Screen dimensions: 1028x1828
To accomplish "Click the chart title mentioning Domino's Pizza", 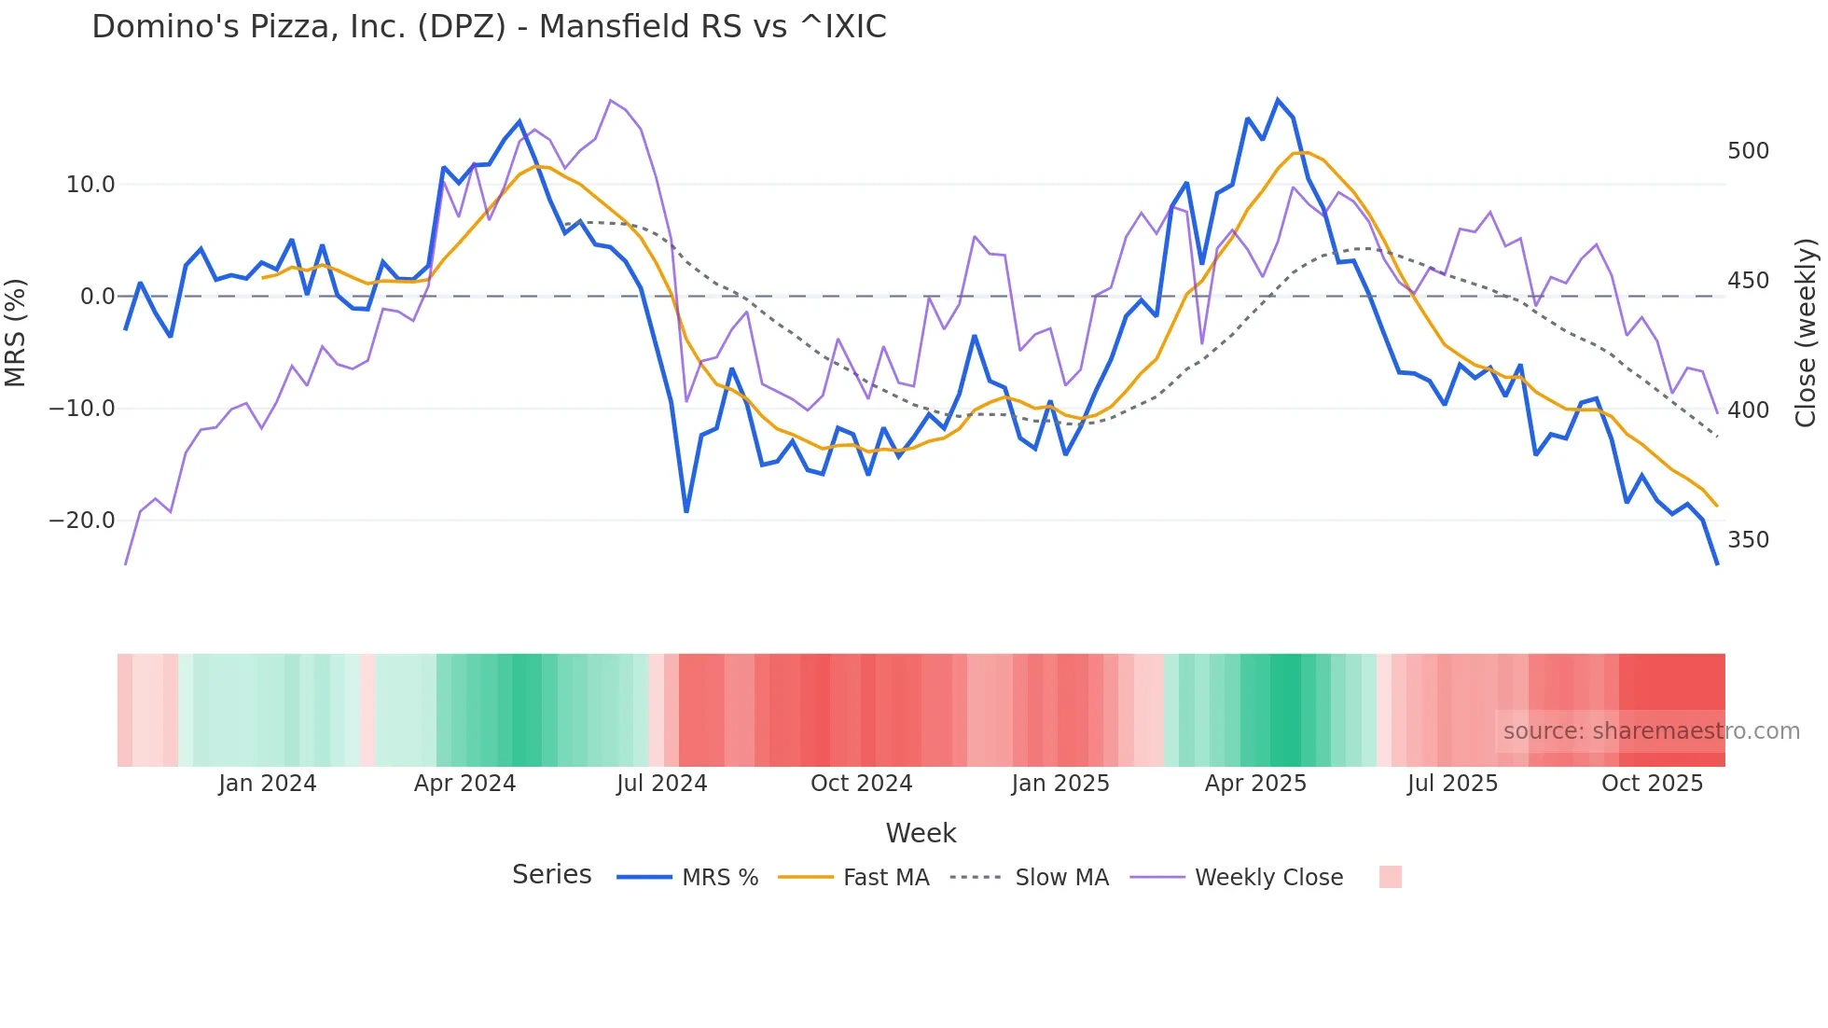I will [x=489, y=27].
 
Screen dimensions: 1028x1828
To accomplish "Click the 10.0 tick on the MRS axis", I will [x=90, y=185].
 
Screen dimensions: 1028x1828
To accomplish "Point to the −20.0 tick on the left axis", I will [x=82, y=521].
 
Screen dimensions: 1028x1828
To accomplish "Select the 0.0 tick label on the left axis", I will [x=97, y=297].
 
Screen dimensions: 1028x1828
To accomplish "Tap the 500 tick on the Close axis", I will [x=1748, y=151].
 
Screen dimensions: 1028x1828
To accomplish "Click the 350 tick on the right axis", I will [x=1748, y=540].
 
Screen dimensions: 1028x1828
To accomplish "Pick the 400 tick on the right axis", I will [x=1748, y=410].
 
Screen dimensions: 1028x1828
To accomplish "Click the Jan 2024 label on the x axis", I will [x=268, y=784].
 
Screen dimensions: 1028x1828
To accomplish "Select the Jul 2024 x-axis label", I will [x=661, y=784].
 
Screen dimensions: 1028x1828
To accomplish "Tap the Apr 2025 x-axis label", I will [x=1255, y=784].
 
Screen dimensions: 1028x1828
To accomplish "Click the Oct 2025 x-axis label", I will [x=1652, y=784].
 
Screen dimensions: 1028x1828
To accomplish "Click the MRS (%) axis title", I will [x=16, y=333].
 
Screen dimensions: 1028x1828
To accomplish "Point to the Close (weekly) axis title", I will [x=1806, y=333].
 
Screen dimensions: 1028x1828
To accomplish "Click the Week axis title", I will [x=921, y=833].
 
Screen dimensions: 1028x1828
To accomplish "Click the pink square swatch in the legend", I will [x=1390, y=877].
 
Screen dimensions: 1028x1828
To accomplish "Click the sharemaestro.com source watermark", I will [x=1651, y=731].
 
